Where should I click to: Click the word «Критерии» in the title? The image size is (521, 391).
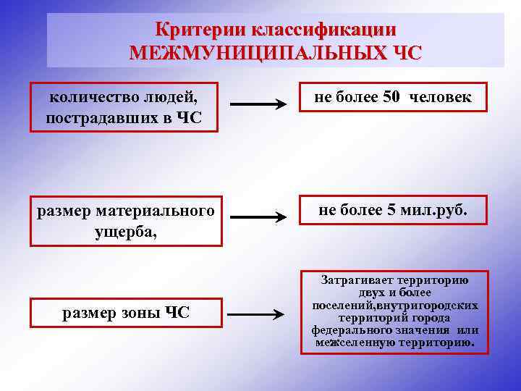[x=199, y=30]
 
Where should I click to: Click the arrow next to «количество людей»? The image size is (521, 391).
[x=258, y=106]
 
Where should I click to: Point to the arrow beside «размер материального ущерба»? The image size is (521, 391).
[x=258, y=216]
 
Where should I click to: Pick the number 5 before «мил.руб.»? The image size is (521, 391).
[x=391, y=210]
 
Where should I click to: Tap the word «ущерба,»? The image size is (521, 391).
[x=124, y=232]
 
